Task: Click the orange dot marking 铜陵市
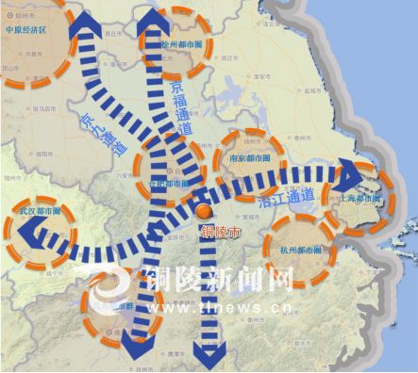203,211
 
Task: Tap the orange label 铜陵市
221,231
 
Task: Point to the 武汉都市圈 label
34,212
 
